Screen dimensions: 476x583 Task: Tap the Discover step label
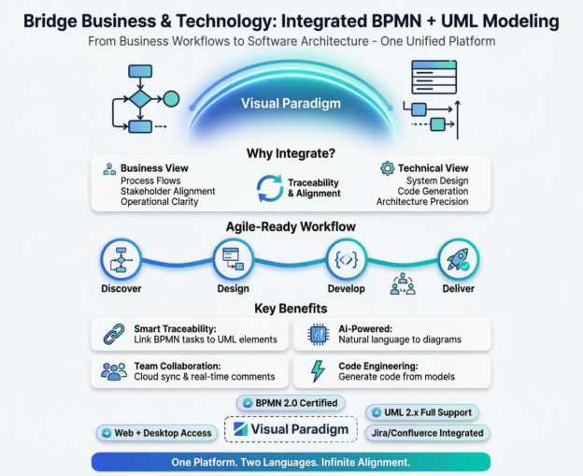pyautogui.click(x=121, y=289)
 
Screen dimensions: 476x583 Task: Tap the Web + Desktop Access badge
pyautogui.click(x=157, y=433)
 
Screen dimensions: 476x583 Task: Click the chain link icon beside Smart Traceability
pyautogui.click(x=113, y=333)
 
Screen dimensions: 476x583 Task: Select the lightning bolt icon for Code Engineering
pyautogui.click(x=318, y=371)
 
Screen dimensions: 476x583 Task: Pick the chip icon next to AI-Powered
pyautogui.click(x=317, y=333)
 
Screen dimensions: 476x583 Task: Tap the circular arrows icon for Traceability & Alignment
pyautogui.click(x=269, y=187)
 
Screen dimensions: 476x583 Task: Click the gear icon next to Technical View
pyautogui.click(x=387, y=168)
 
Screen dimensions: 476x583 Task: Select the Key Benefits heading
pyautogui.click(x=291, y=309)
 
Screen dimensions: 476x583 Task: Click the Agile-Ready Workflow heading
pyautogui.click(x=290, y=227)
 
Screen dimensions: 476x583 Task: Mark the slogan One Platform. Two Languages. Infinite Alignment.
pyautogui.click(x=291, y=462)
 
